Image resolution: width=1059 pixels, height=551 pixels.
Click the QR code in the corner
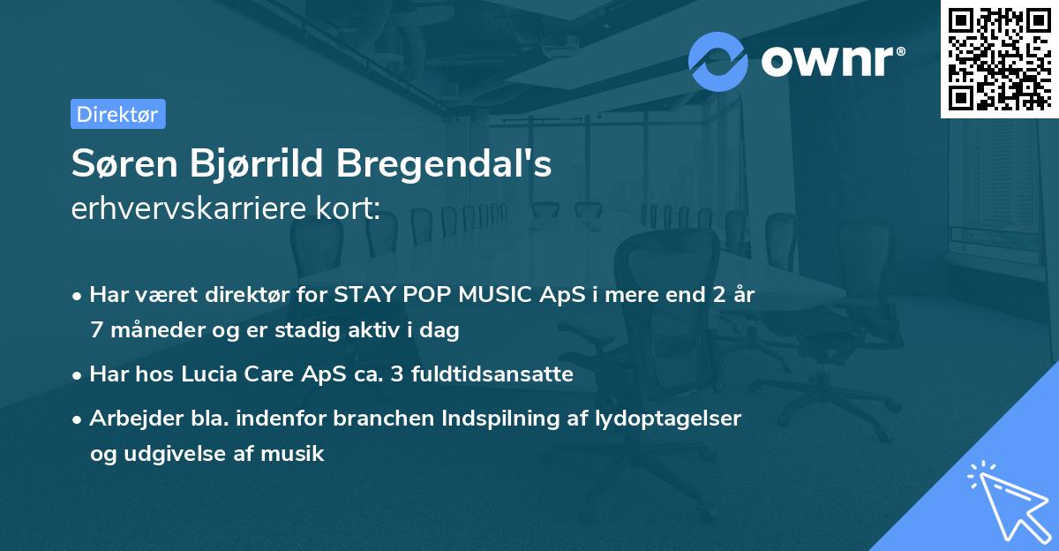tap(1000, 58)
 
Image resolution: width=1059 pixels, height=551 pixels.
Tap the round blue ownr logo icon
tap(717, 61)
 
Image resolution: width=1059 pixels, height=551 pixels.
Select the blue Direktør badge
tap(117, 114)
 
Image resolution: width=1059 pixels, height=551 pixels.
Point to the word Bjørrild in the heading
tap(255, 165)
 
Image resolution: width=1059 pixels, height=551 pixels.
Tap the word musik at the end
tap(298, 454)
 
